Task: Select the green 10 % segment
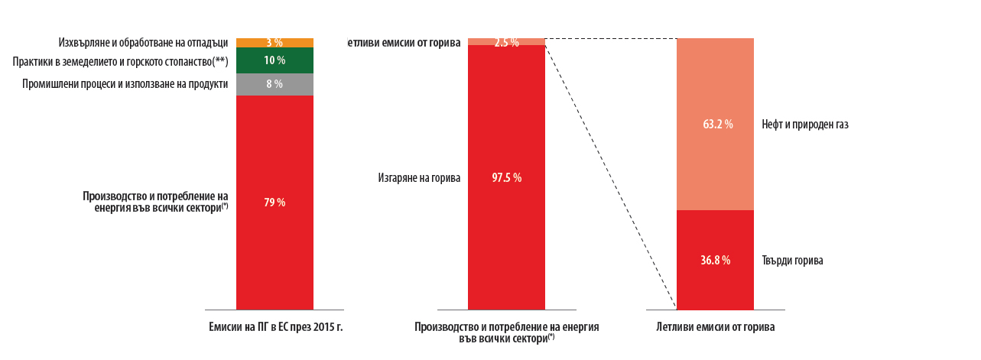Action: (x=275, y=60)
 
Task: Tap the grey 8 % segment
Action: (x=274, y=84)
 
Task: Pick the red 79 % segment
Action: (x=274, y=229)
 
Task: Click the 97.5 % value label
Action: (x=506, y=178)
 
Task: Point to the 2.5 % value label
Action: (x=506, y=43)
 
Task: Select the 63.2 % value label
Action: (x=716, y=124)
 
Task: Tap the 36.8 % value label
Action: (x=715, y=261)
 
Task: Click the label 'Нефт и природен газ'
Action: (x=804, y=124)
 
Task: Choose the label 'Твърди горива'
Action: (x=792, y=261)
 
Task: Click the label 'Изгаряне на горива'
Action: (x=419, y=178)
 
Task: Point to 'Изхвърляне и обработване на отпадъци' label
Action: (x=143, y=42)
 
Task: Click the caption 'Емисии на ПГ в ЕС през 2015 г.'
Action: (x=275, y=327)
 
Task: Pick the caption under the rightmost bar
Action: (x=715, y=327)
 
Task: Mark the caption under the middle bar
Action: (x=506, y=332)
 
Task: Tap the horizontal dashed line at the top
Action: (x=612, y=38)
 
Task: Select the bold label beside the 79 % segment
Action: (x=156, y=202)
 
